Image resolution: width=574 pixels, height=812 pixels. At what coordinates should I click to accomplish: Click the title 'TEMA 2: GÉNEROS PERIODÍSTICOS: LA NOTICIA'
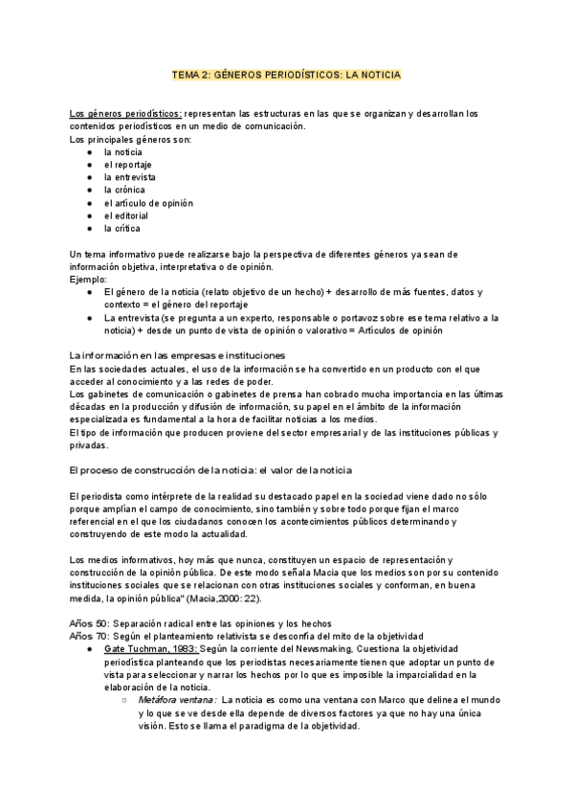click(x=286, y=74)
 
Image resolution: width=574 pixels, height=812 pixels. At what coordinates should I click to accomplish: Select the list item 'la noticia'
click(x=124, y=152)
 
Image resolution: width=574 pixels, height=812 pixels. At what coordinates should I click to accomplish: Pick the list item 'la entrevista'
click(x=130, y=177)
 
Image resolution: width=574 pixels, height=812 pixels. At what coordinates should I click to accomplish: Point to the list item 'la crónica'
click(x=125, y=190)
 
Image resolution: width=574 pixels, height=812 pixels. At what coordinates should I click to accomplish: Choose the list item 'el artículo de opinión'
click(x=148, y=203)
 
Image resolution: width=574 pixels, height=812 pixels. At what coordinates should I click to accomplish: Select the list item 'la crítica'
click(x=122, y=228)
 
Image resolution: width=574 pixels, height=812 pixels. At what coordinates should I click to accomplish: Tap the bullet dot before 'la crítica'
click(x=89, y=228)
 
